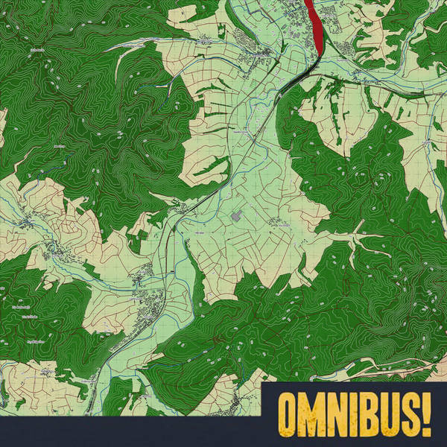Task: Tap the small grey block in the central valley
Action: coord(237,216)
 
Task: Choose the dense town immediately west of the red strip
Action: coord(257,52)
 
